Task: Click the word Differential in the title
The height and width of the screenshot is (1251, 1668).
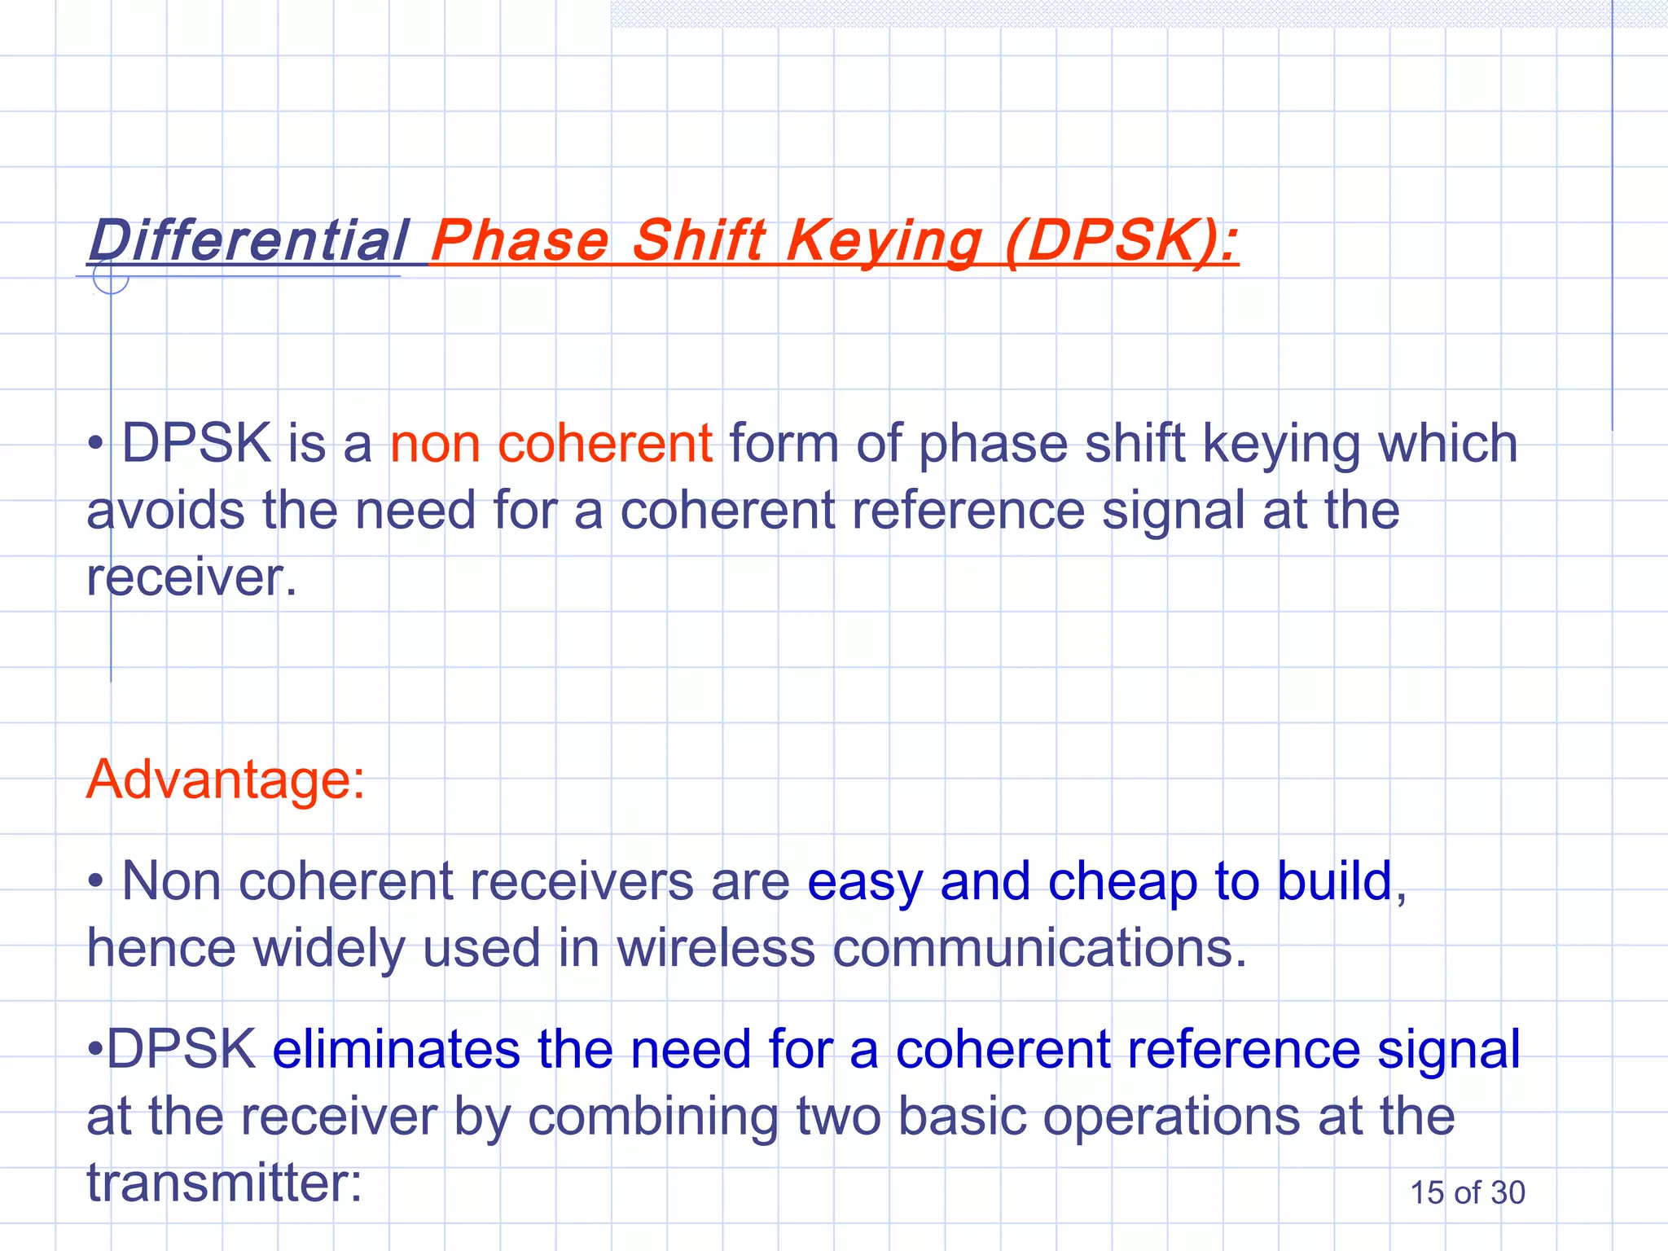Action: [248, 241]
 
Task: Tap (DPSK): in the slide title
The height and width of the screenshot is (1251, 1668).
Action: [1122, 241]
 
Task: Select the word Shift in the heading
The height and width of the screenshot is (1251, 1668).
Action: [700, 241]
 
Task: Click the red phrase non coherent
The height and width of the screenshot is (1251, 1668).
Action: [551, 445]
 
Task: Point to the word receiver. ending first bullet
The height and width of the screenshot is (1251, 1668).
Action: [191, 577]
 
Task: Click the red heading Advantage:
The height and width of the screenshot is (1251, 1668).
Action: [226, 779]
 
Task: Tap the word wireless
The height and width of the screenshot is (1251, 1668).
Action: [716, 949]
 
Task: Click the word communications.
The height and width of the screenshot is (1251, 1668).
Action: [1040, 949]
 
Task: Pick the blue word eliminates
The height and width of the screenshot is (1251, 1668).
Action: [396, 1049]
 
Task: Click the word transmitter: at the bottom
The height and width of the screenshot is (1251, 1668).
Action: [224, 1183]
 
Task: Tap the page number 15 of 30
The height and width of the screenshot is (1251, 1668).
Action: [1467, 1193]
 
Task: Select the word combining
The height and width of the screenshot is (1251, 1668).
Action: [652, 1117]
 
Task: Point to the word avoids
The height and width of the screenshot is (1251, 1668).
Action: [165, 511]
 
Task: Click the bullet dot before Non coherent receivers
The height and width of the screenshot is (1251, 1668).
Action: [96, 881]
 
